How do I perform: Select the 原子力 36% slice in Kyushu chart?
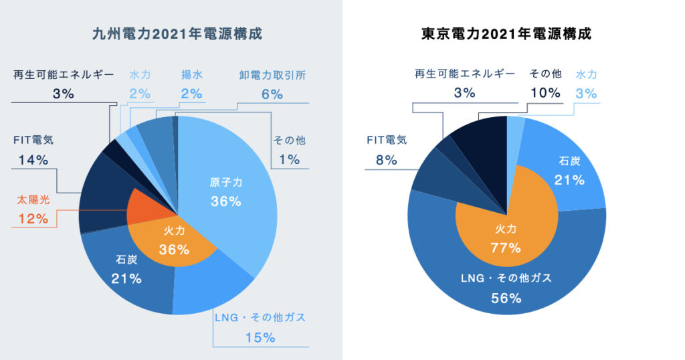tap(225, 192)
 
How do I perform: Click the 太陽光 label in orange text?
tap(33, 200)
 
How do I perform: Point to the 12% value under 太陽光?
tap(33, 219)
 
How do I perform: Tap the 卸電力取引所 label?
tap(272, 75)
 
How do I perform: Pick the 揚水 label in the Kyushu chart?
tap(191, 75)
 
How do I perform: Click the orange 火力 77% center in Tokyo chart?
tap(506, 239)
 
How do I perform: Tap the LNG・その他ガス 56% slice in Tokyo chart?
tap(506, 288)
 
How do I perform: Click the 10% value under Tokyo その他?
tap(545, 93)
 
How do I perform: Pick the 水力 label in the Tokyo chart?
tap(586, 75)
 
